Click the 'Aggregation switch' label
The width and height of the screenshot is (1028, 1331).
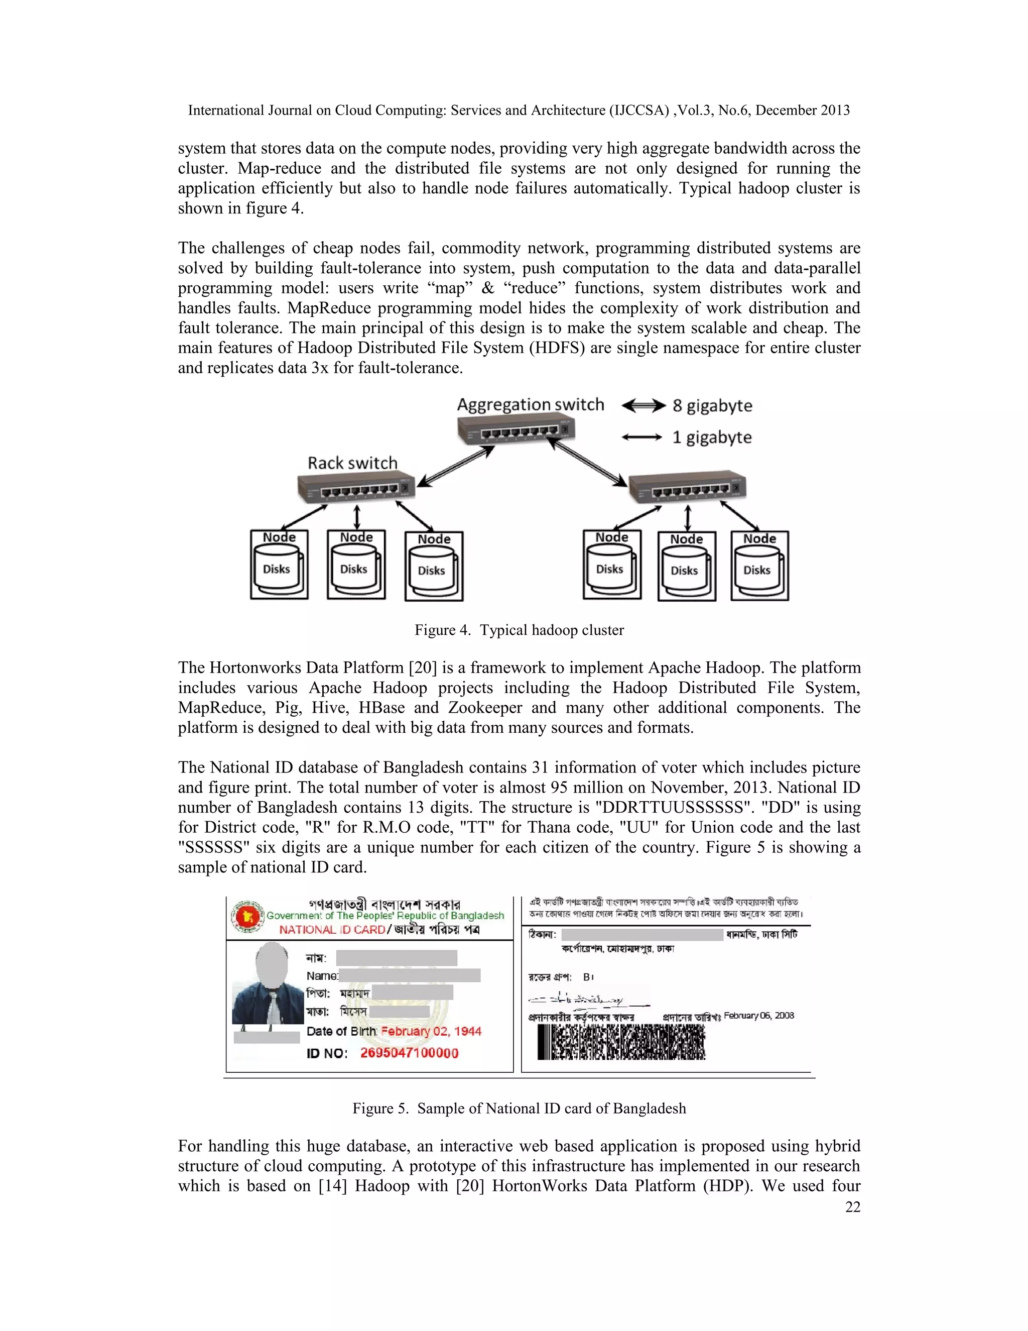point(530,405)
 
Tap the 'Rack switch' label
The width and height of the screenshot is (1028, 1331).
point(352,463)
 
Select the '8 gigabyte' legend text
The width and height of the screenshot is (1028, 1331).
point(712,406)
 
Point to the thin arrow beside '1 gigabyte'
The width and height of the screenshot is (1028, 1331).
point(641,437)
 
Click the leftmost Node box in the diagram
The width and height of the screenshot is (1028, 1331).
point(279,565)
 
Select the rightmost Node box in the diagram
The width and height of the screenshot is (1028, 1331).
point(759,566)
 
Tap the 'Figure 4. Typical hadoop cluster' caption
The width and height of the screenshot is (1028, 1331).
point(519,630)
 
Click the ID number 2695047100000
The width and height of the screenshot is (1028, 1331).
point(409,1053)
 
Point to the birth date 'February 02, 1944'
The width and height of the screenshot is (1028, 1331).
point(431,1031)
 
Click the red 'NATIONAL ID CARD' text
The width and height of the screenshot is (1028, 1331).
point(332,929)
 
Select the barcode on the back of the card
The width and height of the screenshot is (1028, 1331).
point(620,1042)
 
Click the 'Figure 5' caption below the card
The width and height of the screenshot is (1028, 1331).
point(519,1108)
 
